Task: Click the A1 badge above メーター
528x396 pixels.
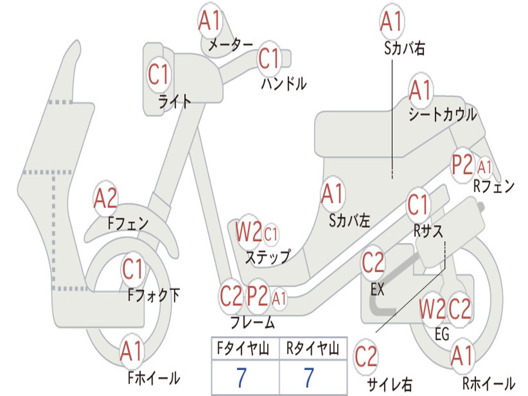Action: tap(210, 22)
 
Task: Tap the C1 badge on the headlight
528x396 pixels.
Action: tap(158, 74)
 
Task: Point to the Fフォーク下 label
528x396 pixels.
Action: tap(154, 295)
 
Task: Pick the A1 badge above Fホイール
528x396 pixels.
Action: tap(131, 353)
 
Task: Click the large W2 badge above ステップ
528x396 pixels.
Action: tap(249, 233)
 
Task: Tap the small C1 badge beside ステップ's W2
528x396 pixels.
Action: tap(271, 235)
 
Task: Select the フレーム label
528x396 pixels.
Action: tap(252, 323)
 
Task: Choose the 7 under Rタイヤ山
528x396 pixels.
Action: tap(308, 378)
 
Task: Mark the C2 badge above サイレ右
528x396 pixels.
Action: tap(366, 357)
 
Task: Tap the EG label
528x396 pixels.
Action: tap(442, 334)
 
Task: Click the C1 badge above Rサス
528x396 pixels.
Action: tap(419, 206)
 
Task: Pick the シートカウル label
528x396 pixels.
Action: tap(442, 115)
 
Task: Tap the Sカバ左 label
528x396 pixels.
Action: tap(350, 221)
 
